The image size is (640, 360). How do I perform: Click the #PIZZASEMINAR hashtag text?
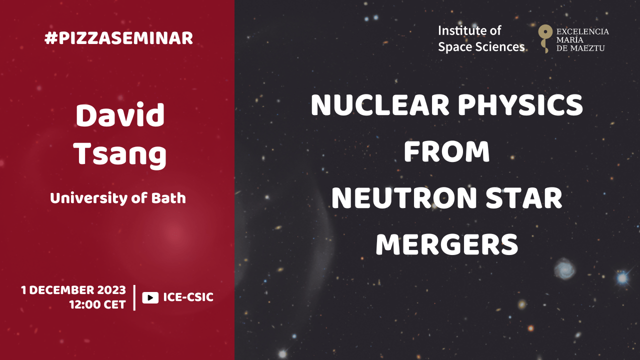[x=118, y=38]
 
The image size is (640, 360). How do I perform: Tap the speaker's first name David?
[x=120, y=115]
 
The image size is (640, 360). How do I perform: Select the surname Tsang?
[x=120, y=155]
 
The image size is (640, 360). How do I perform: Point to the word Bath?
[x=168, y=198]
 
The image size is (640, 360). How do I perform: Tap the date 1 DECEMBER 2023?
[x=73, y=290]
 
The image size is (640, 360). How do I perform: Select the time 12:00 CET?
[x=97, y=304]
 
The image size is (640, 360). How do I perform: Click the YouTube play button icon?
[x=150, y=297]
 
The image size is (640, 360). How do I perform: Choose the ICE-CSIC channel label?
[x=188, y=297]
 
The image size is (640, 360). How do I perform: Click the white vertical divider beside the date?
[x=134, y=297]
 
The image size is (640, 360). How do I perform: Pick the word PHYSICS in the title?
[x=520, y=105]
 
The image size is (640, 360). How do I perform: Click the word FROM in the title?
[x=447, y=151]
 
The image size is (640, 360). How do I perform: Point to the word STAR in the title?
[x=524, y=198]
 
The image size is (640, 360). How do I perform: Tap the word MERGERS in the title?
[x=447, y=244]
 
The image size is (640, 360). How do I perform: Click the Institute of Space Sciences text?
[x=481, y=39]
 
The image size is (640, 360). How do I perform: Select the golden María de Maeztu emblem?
[x=545, y=38]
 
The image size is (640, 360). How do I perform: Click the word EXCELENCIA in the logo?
[x=582, y=31]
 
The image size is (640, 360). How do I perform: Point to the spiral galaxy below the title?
[x=565, y=268]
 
